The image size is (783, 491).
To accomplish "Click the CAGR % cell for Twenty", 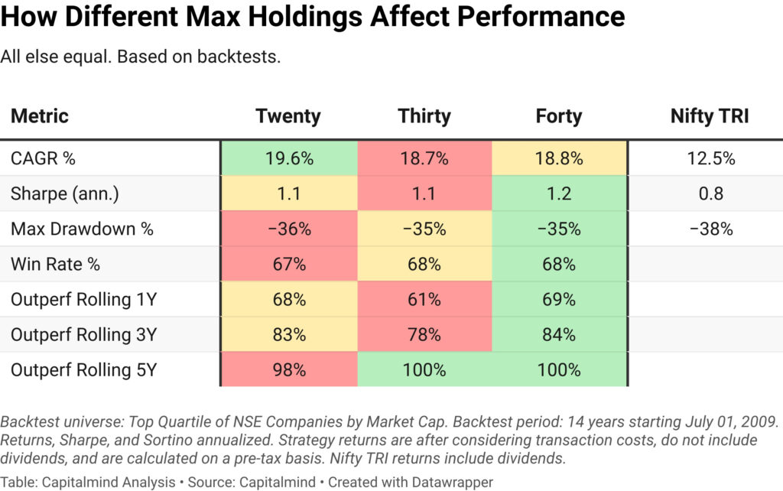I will [x=288, y=158].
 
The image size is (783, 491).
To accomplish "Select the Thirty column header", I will [x=424, y=116].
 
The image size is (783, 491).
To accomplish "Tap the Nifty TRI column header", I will [x=710, y=116].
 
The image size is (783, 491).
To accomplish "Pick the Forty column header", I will [x=559, y=116].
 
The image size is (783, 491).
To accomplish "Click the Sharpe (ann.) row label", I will [x=65, y=193].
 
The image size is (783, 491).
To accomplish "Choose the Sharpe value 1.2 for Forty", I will [x=559, y=193].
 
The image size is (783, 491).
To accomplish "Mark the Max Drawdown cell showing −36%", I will [x=288, y=229].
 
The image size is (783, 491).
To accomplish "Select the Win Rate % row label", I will [x=57, y=264].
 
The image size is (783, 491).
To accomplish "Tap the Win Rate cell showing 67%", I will [x=288, y=264].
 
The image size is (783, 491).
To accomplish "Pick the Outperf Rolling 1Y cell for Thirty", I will [x=424, y=299].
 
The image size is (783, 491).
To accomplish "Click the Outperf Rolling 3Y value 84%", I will [x=559, y=334].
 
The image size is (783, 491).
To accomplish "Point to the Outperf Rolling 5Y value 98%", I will [x=288, y=369].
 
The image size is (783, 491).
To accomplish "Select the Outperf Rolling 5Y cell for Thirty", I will [x=424, y=369].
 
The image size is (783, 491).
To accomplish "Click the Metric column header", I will [x=40, y=116].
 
